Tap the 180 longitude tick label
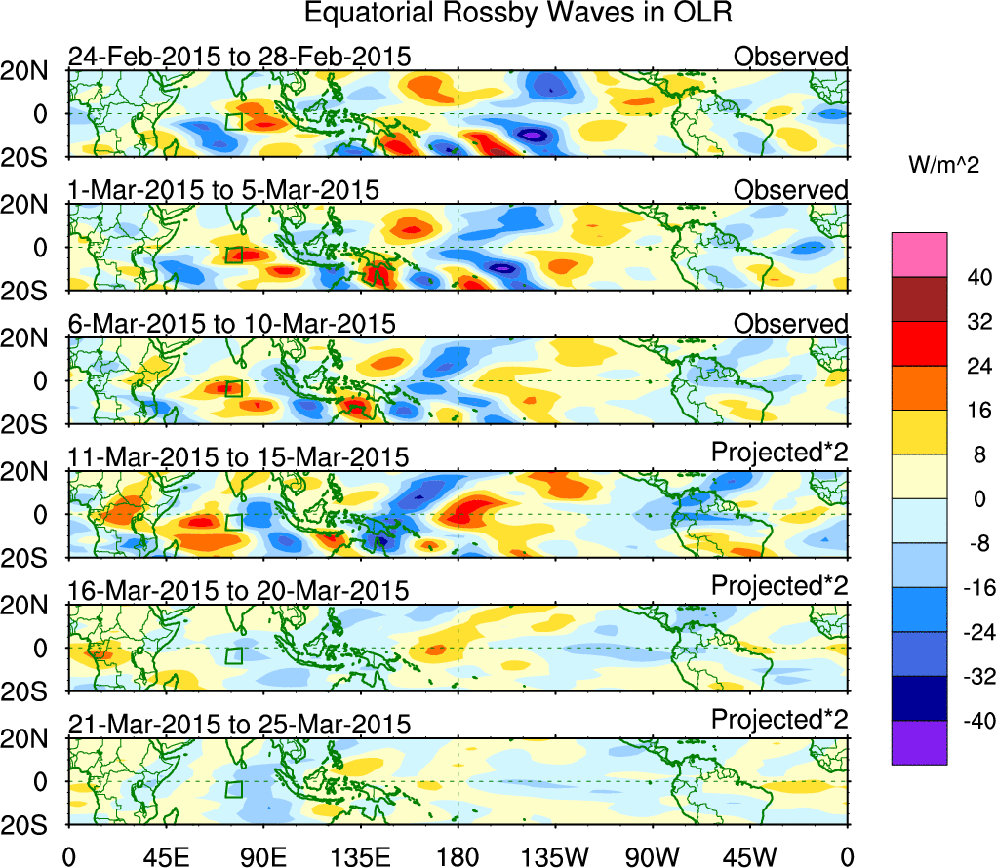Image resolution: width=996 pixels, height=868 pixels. point(458,856)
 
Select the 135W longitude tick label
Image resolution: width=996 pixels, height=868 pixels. point(554,856)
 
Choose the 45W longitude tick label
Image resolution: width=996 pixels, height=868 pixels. point(749,856)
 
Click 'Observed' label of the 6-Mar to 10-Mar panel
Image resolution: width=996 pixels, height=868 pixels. point(790,324)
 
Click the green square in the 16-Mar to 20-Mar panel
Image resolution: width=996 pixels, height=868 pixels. point(233,654)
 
